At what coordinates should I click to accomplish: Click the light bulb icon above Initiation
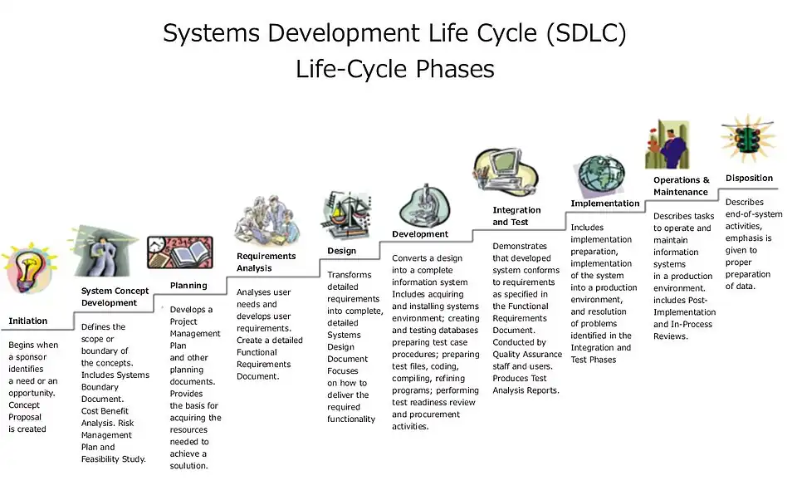tap(30, 268)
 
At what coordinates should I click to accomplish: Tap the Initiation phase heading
tap(28, 321)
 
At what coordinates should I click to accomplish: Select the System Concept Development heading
tap(115, 297)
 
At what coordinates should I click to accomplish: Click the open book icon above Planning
tap(180, 252)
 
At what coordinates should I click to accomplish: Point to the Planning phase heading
tap(188, 286)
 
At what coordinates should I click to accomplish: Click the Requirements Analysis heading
tap(266, 262)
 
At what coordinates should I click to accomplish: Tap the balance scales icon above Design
tap(347, 215)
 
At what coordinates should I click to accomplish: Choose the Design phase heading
tap(341, 251)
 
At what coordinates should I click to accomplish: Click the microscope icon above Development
tap(424, 206)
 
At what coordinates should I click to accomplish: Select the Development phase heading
tap(420, 234)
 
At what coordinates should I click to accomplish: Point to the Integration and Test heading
tap(516, 216)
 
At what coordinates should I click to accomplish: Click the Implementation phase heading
tap(605, 203)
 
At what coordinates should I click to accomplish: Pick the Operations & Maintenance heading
tap(681, 186)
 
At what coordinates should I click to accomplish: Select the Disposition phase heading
tap(749, 178)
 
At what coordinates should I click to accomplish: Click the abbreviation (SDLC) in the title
tap(586, 33)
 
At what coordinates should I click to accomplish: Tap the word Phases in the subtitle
tap(455, 69)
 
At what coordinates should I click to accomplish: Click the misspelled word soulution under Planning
tap(188, 466)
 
